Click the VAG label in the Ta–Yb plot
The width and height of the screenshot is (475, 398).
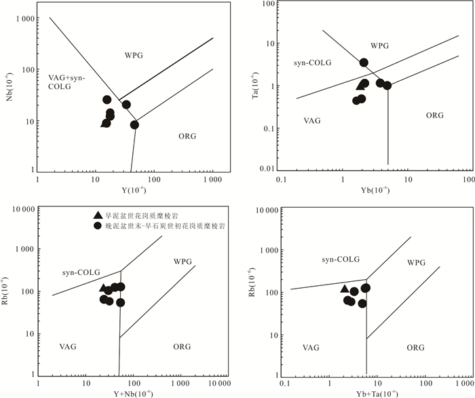(x=312, y=120)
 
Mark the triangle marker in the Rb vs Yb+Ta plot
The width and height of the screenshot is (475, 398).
(x=344, y=289)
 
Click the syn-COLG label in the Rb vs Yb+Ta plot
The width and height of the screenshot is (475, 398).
(x=341, y=259)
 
